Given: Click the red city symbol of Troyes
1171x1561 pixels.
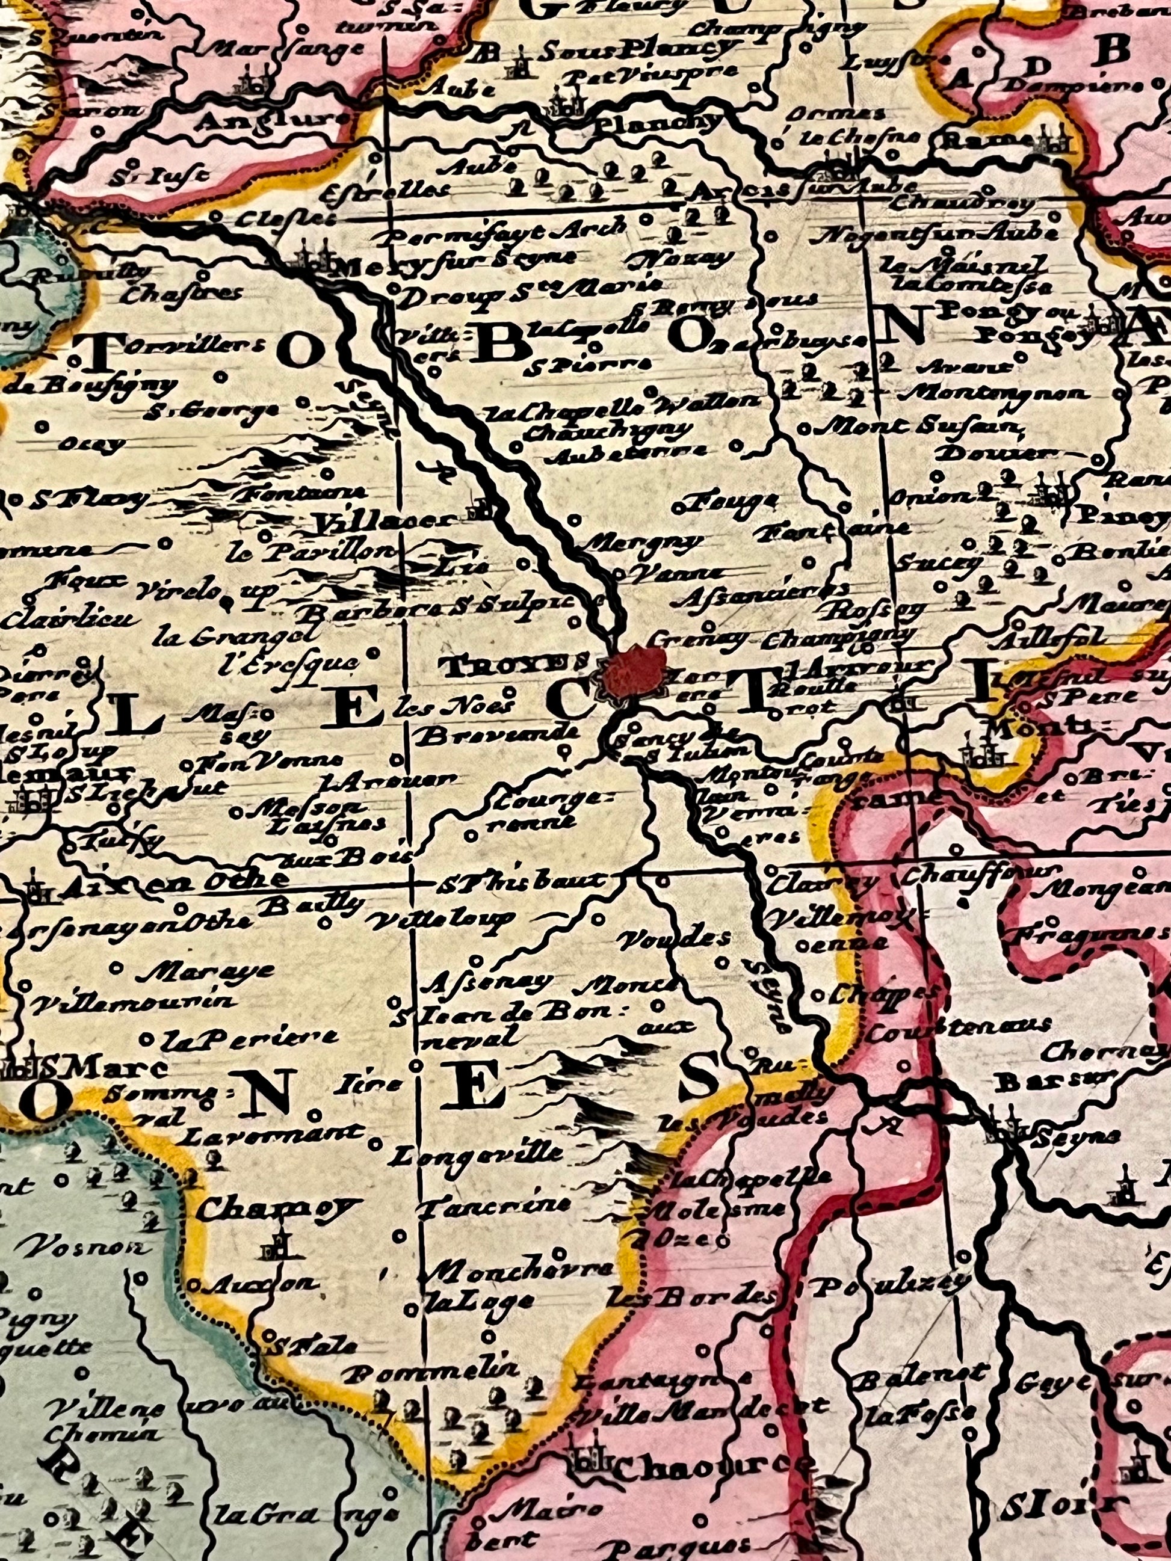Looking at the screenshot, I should click(x=635, y=669).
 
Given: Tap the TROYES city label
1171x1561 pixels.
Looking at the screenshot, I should click(x=513, y=665).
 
